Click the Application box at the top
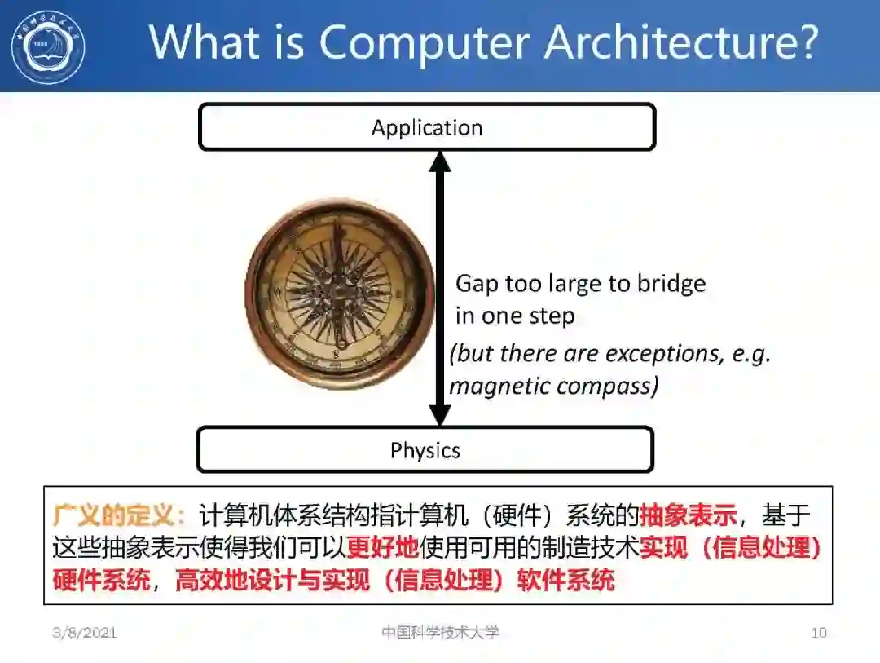[427, 127]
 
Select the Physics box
[425, 449]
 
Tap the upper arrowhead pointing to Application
[440, 161]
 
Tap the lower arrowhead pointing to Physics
[440, 415]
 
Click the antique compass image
[341, 294]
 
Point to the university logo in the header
[48, 46]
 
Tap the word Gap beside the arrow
[477, 284]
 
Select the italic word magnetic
[499, 385]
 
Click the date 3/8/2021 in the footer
[85, 632]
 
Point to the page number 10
[818, 632]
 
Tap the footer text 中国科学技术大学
[440, 632]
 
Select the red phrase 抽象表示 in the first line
[689, 515]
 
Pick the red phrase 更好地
[383, 547]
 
